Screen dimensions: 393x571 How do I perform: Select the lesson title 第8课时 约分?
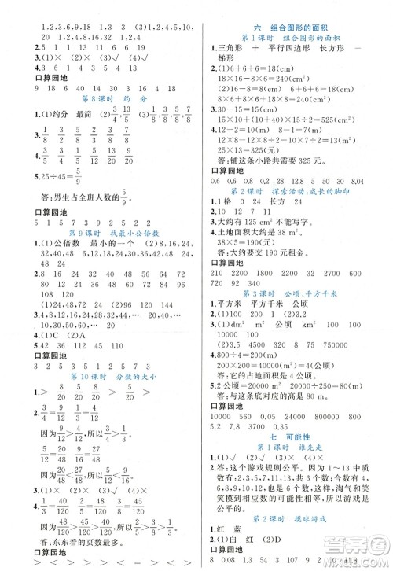(100, 101)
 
